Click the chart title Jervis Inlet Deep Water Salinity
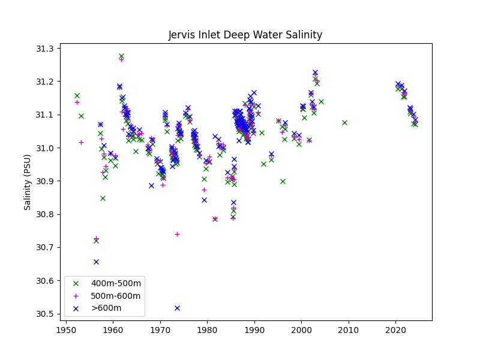tap(245, 35)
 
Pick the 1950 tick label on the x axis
tap(66, 329)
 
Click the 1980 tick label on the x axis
tap(207, 329)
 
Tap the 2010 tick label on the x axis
tap(349, 329)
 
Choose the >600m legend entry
tap(106, 308)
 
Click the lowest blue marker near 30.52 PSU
tap(177, 308)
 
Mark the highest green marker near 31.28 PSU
tap(121, 56)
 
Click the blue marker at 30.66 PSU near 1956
tap(96, 262)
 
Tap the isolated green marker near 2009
tap(344, 122)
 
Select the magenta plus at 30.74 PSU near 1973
tap(177, 234)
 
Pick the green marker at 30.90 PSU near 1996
tap(283, 181)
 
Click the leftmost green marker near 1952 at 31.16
tap(77, 95)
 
